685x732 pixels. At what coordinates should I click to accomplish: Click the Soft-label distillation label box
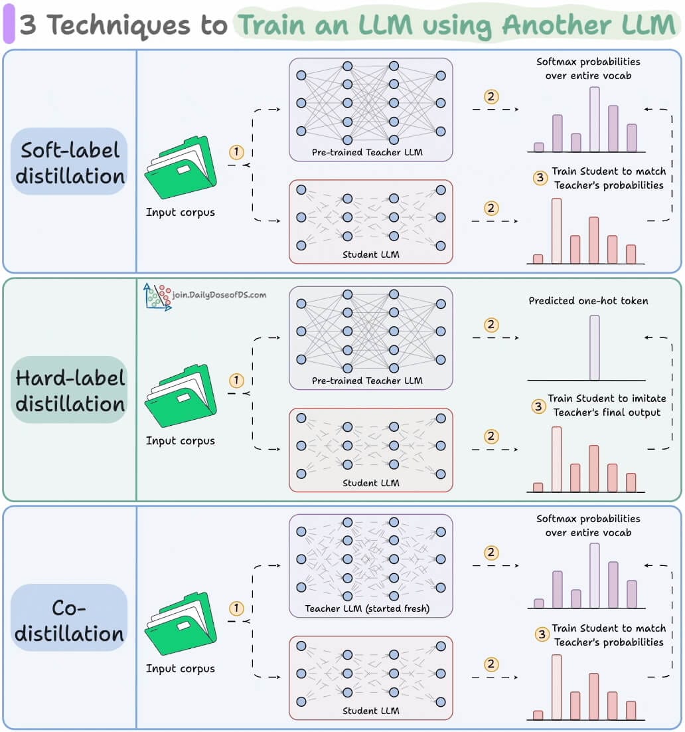click(x=70, y=161)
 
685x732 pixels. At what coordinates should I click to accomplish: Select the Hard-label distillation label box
click(x=70, y=390)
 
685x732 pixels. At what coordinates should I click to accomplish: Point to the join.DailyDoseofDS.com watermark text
click(x=219, y=294)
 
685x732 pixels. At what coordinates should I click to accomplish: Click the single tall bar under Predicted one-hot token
click(x=594, y=347)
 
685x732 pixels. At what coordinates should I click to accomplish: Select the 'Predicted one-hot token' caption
click(x=588, y=301)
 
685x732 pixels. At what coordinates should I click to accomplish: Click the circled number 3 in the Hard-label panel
click(x=539, y=406)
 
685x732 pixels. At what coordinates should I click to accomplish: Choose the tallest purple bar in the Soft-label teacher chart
click(x=594, y=120)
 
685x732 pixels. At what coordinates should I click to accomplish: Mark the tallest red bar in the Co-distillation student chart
click(x=556, y=687)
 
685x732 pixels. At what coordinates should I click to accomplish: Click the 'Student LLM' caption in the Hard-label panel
click(x=370, y=483)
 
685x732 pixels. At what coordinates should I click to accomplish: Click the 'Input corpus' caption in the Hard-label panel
click(x=180, y=440)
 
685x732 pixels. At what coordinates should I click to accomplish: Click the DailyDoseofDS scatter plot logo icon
click(x=157, y=297)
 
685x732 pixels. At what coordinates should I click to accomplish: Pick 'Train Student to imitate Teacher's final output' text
click(x=607, y=405)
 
